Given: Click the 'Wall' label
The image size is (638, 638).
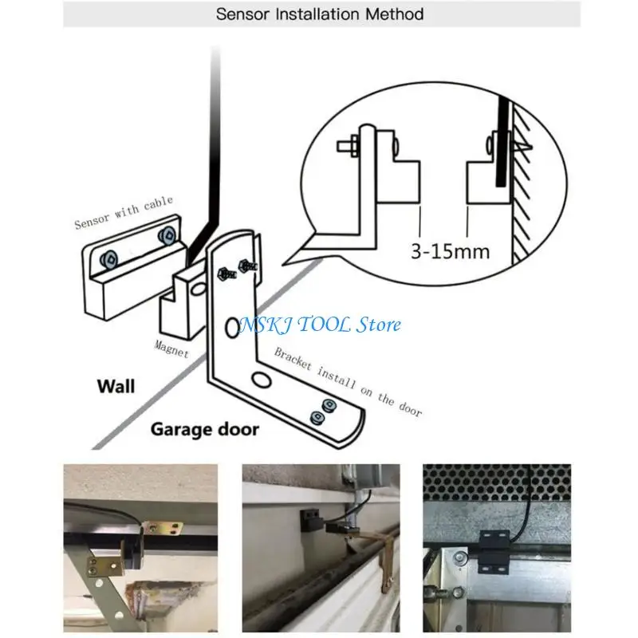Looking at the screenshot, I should pos(116,387).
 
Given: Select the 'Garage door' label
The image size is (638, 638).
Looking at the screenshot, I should pos(205,429).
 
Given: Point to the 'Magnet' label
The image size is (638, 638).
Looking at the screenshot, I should pos(171,349).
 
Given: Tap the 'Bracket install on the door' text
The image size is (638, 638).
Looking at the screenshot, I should pos(348,383).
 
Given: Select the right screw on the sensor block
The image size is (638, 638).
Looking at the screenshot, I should pos(166,235).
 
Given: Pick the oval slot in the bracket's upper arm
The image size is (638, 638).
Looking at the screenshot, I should pos(232,325).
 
